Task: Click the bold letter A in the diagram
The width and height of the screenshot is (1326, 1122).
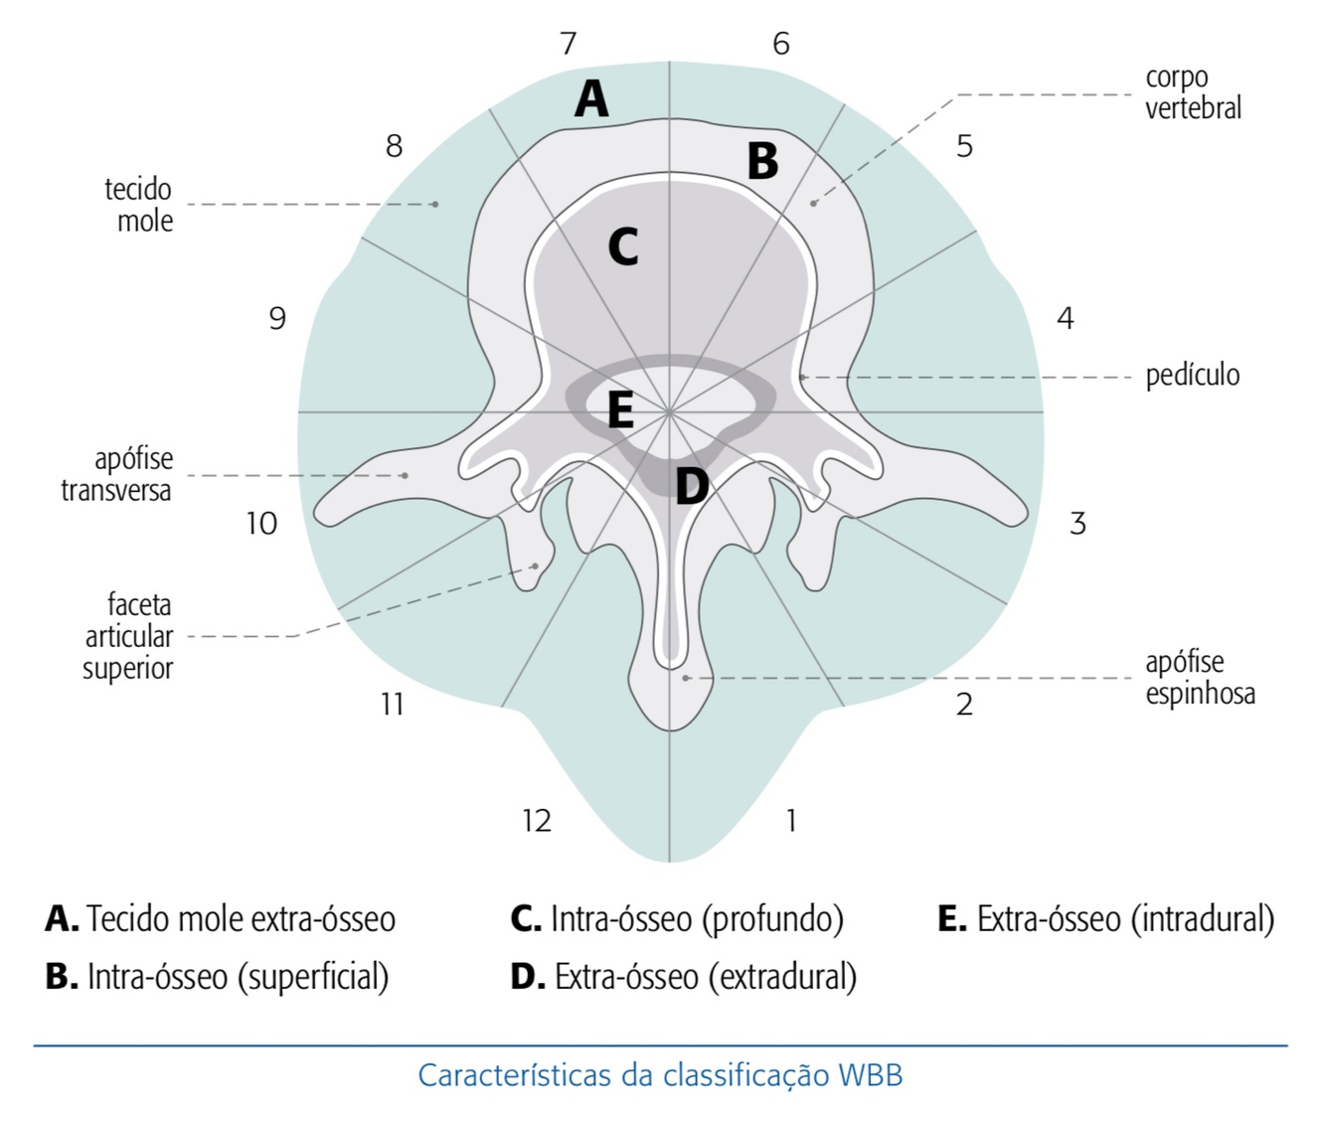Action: pyautogui.click(x=591, y=98)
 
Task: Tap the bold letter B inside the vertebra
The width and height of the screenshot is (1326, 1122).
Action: pyautogui.click(x=762, y=161)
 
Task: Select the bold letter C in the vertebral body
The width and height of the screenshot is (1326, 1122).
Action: pyautogui.click(x=623, y=246)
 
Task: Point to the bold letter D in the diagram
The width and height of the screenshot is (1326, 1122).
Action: pyautogui.click(x=692, y=486)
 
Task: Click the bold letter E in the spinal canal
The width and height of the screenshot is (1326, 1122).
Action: pyautogui.click(x=620, y=409)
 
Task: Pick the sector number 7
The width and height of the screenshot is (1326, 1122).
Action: pyautogui.click(x=568, y=44)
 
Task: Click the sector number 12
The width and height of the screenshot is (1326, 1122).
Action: pyautogui.click(x=537, y=820)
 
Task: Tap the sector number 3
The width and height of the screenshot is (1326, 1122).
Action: pyautogui.click(x=1077, y=523)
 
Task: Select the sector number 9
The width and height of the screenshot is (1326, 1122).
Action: pyautogui.click(x=277, y=318)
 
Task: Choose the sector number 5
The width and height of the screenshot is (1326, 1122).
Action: pyautogui.click(x=964, y=146)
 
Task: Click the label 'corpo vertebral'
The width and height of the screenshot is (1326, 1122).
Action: pyautogui.click(x=1193, y=92)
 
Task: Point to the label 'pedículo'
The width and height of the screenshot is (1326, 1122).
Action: pyautogui.click(x=1193, y=376)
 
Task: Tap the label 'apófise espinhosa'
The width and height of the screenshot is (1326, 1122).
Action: pyautogui.click(x=1200, y=678)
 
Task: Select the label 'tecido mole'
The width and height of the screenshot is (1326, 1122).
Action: pyautogui.click(x=139, y=205)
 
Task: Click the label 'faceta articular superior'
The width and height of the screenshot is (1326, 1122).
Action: pyautogui.click(x=128, y=636)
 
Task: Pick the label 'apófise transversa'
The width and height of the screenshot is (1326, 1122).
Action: pyautogui.click(x=117, y=474)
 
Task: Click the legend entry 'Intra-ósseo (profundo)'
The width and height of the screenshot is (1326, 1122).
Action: pyautogui.click(x=677, y=918)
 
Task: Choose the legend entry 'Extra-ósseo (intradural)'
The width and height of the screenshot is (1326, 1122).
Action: pyautogui.click(x=1105, y=918)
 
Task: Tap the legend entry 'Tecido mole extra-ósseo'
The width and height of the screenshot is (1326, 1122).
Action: pyautogui.click(x=221, y=918)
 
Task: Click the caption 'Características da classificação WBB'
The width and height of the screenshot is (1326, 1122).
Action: pyautogui.click(x=660, y=1075)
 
